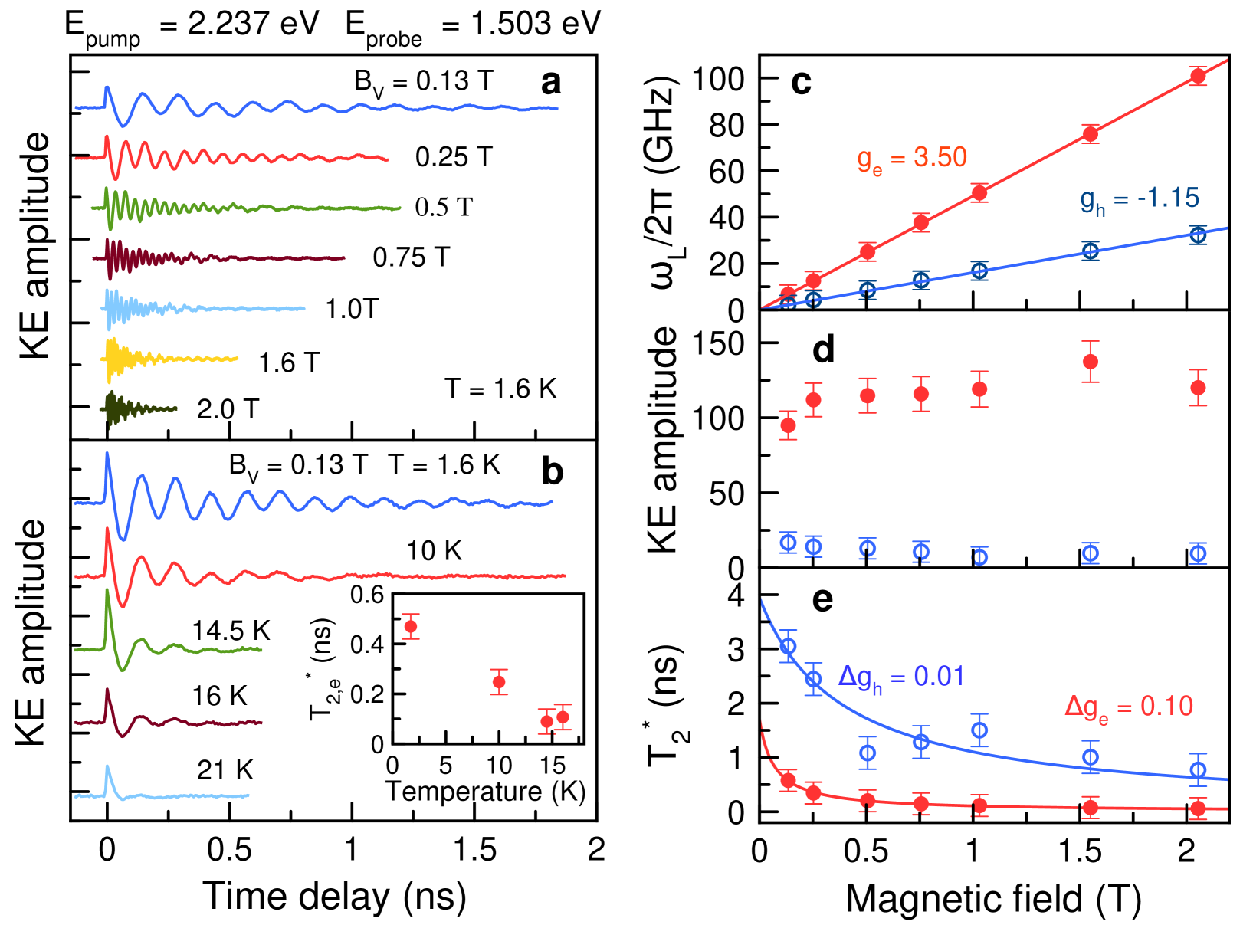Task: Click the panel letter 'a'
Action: (x=550, y=83)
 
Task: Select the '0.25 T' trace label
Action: (x=453, y=157)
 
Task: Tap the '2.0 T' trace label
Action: (x=228, y=410)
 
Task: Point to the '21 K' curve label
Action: (x=225, y=770)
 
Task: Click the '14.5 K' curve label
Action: (x=231, y=631)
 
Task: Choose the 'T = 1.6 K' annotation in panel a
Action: (x=500, y=389)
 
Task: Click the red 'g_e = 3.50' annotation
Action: (x=911, y=159)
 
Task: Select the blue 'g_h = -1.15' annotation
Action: (x=1140, y=199)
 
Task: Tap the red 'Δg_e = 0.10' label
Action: (x=1128, y=707)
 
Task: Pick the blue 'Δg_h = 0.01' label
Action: (x=900, y=677)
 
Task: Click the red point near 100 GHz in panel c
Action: (x=1198, y=76)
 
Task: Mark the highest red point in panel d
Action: (x=1090, y=362)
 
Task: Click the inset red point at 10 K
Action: (x=499, y=682)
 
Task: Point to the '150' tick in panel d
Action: (x=718, y=344)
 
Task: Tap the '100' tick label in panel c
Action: (x=718, y=78)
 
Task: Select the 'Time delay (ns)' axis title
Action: (x=334, y=896)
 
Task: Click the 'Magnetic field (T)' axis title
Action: (x=993, y=899)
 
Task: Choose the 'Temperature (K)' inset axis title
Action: (x=486, y=791)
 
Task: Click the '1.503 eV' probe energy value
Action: (x=536, y=25)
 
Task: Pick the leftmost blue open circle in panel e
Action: (x=788, y=646)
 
